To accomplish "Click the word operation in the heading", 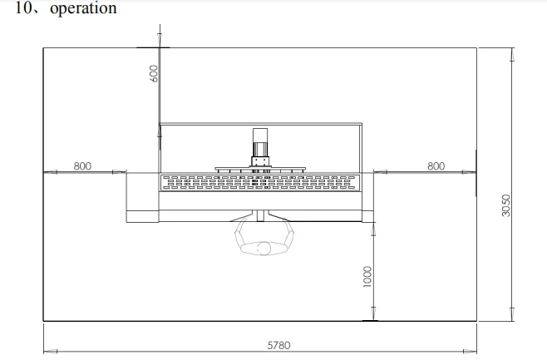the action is pyautogui.click(x=83, y=8).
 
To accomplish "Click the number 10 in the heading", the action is pyautogui.click(x=23, y=7).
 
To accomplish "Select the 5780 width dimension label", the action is pyautogui.click(x=278, y=345).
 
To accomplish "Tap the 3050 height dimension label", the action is pyautogui.click(x=505, y=205).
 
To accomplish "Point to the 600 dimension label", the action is pyautogui.click(x=154, y=74).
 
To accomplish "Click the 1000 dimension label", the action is pyautogui.click(x=367, y=277).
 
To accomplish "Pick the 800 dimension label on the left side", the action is pyautogui.click(x=82, y=166).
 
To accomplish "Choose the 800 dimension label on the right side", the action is pyautogui.click(x=436, y=166).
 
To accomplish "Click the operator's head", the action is pyautogui.click(x=264, y=249).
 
